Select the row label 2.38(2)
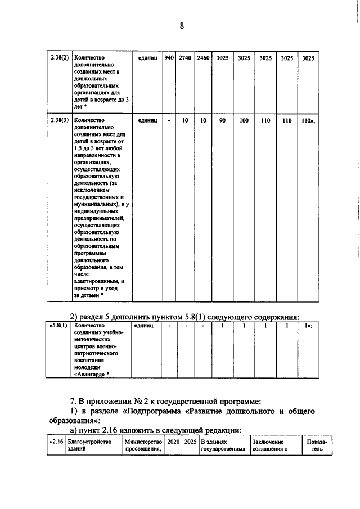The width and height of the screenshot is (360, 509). pyautogui.click(x=59, y=58)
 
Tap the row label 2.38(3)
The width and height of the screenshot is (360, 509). pyautogui.click(x=59, y=120)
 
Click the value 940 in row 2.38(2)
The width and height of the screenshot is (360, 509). pyautogui.click(x=168, y=58)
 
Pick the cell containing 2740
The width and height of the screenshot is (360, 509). pyautogui.click(x=185, y=58)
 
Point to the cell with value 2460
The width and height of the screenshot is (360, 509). pyautogui.click(x=203, y=58)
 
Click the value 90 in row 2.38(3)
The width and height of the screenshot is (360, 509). pyautogui.click(x=223, y=120)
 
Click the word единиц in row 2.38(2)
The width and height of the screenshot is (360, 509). pyautogui.click(x=147, y=58)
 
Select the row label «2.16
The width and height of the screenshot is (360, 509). pyautogui.click(x=55, y=442)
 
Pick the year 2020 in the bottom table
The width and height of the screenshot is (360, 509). pyautogui.click(x=174, y=442)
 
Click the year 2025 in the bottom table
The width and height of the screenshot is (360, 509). pyautogui.click(x=191, y=442)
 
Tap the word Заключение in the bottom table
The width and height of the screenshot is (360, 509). pyautogui.click(x=268, y=442)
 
